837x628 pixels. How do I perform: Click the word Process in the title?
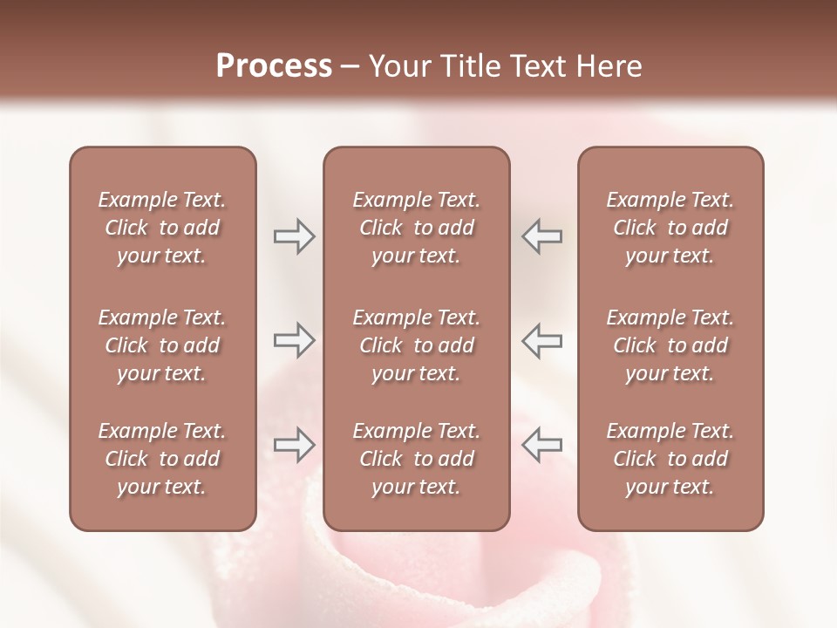[x=274, y=66]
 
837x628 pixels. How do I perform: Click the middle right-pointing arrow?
[x=294, y=340]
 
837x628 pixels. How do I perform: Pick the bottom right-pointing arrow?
[x=294, y=445]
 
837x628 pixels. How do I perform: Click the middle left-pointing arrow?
[x=542, y=340]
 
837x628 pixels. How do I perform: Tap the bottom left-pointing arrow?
[x=542, y=445]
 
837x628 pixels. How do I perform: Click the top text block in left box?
[x=162, y=228]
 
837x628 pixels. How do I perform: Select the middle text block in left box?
[x=162, y=345]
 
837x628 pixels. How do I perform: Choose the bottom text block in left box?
[x=162, y=459]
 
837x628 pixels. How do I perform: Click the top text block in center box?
[x=416, y=228]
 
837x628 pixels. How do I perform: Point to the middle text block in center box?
[x=416, y=345]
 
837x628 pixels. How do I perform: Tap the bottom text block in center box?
[x=416, y=459]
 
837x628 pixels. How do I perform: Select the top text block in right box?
[x=670, y=228]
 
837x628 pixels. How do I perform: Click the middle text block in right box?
[x=670, y=345]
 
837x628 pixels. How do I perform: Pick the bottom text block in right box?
[x=670, y=459]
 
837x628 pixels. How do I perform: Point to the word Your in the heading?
[x=398, y=66]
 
